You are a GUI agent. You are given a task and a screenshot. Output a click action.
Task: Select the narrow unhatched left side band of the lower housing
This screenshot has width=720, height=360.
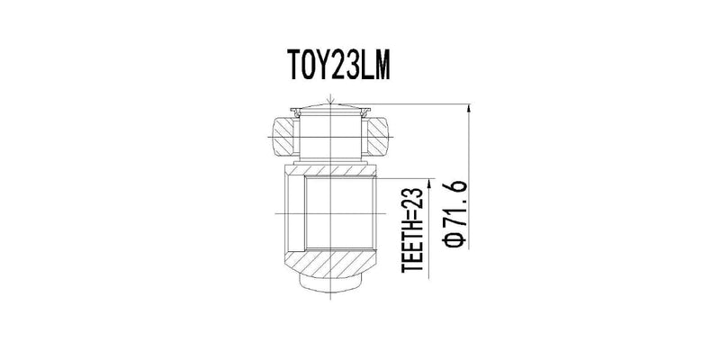tap(294, 216)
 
